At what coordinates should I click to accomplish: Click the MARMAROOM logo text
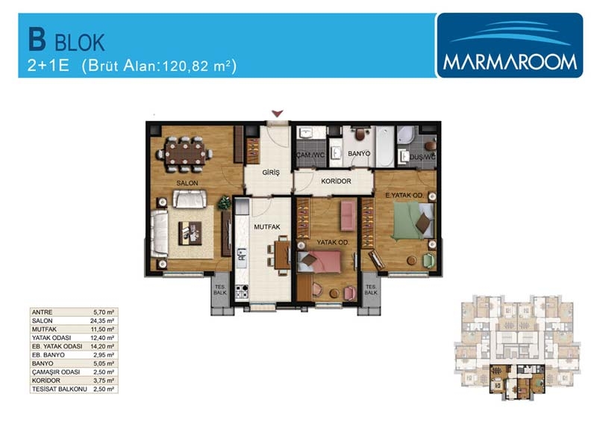[x=510, y=62]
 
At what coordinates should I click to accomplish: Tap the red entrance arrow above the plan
[x=278, y=114]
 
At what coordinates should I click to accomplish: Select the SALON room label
[x=187, y=183]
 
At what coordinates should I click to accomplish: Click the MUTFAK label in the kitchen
[x=267, y=227]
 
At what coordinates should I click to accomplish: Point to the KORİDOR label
[x=336, y=181]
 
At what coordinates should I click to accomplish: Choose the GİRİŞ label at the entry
[x=271, y=173]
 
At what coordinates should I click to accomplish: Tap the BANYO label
[x=359, y=153]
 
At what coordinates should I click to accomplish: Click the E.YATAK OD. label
[x=404, y=195]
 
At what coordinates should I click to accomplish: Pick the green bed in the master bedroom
[x=413, y=220]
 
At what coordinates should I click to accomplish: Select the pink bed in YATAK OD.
[x=319, y=262]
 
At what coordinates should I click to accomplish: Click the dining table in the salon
[x=185, y=153]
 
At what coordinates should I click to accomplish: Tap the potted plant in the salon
[x=225, y=203]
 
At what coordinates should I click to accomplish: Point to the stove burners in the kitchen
[x=241, y=291]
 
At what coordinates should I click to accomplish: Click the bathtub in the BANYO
[x=384, y=146]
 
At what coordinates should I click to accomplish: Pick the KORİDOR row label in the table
[x=46, y=380]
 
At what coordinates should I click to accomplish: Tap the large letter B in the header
[x=37, y=40]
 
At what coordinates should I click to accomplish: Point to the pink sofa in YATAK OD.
[x=348, y=215]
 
